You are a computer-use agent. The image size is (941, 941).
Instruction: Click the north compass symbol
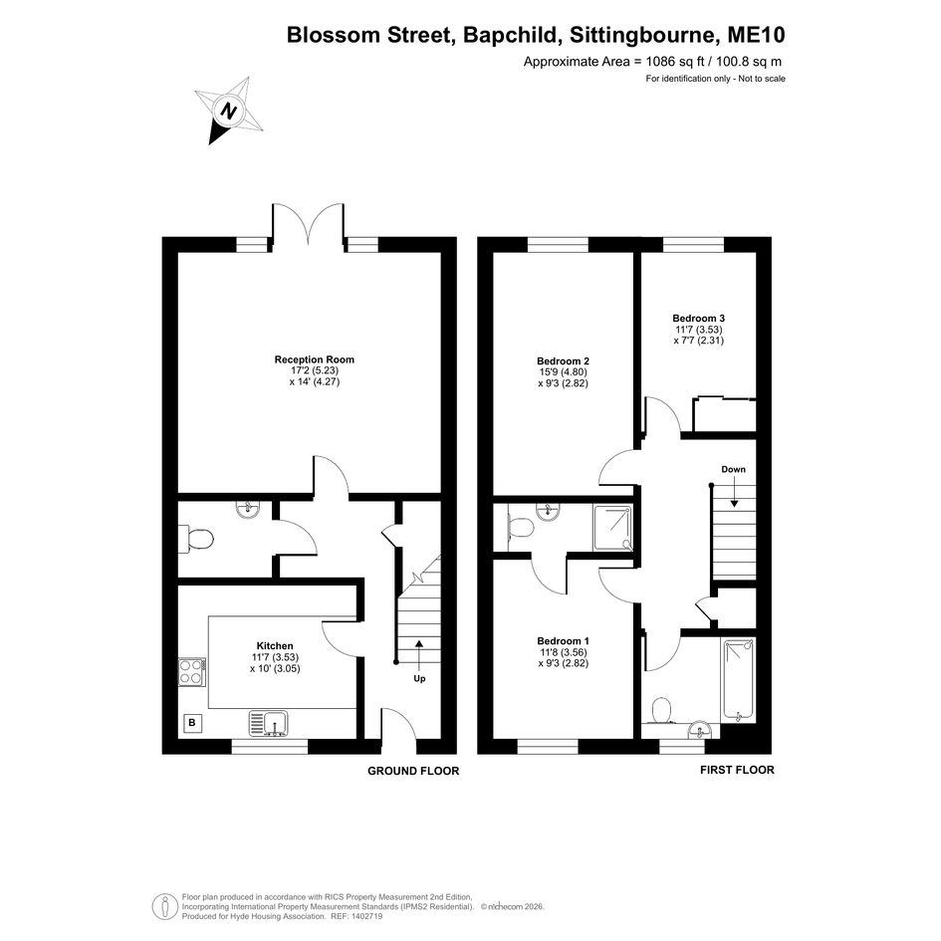click(x=229, y=111)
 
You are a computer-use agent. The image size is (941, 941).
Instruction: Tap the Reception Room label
click(x=315, y=359)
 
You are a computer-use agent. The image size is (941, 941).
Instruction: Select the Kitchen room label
click(x=275, y=645)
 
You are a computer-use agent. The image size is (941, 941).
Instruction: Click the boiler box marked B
click(x=192, y=723)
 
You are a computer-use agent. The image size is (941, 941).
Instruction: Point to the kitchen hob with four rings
click(x=192, y=671)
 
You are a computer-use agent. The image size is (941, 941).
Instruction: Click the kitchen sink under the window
click(x=269, y=723)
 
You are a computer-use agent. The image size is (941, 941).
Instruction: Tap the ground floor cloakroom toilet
click(x=196, y=539)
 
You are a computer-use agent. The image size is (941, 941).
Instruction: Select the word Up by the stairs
click(x=419, y=679)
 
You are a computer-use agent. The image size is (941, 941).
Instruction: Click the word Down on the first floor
click(x=733, y=469)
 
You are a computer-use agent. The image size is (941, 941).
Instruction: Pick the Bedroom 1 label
click(x=563, y=641)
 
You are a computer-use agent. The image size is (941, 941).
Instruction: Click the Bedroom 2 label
click(x=563, y=361)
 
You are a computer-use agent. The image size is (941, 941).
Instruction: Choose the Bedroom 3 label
click(x=699, y=318)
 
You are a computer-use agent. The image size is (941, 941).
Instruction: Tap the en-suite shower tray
click(x=612, y=528)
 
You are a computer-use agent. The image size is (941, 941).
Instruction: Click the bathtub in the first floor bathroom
click(x=738, y=679)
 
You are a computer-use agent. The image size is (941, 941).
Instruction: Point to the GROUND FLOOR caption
click(x=413, y=771)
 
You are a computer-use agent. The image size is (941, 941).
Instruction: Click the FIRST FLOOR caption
click(x=737, y=770)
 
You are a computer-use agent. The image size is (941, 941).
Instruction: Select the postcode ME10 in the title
click(x=756, y=35)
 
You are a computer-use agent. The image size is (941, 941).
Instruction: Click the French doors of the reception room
click(x=309, y=225)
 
